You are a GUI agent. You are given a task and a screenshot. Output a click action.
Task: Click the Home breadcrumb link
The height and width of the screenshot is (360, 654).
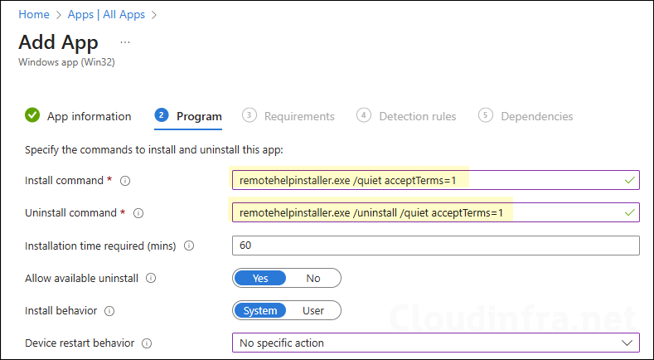[x=33, y=14]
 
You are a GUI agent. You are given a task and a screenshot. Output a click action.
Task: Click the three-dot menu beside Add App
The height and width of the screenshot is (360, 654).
[x=125, y=41]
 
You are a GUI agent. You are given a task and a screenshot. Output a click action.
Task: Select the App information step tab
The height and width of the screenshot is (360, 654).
[x=89, y=116]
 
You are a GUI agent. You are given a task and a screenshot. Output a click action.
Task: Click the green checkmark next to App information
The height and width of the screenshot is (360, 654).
[x=32, y=115]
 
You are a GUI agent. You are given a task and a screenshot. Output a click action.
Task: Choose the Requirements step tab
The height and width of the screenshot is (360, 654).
[x=298, y=116]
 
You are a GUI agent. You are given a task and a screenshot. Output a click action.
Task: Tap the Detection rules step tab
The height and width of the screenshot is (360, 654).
[x=417, y=116]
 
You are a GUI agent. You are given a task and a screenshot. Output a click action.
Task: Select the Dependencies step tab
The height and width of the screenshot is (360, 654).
[x=536, y=116]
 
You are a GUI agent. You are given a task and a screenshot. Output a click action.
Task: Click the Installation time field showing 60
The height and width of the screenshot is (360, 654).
[x=435, y=246]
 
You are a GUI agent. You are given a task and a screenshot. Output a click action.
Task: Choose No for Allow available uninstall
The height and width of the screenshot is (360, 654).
[x=313, y=278]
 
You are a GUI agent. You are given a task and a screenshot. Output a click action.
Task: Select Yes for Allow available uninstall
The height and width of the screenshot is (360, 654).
[x=260, y=278]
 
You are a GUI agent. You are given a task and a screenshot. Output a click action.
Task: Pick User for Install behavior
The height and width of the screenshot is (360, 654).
[x=313, y=310]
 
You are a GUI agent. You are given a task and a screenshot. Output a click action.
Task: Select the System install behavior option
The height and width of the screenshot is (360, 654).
[x=260, y=310]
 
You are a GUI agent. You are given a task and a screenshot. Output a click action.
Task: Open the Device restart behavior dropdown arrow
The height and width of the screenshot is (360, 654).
[x=627, y=343]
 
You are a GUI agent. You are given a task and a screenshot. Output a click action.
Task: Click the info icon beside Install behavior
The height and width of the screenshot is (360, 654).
[x=109, y=311]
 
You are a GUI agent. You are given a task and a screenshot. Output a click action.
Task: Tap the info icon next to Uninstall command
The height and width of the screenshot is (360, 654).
[x=138, y=213]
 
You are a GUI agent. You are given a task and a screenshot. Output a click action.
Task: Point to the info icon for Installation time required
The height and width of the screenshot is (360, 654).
[x=189, y=246]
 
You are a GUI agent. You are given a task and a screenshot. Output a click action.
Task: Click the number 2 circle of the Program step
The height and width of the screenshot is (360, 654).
[x=162, y=115]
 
